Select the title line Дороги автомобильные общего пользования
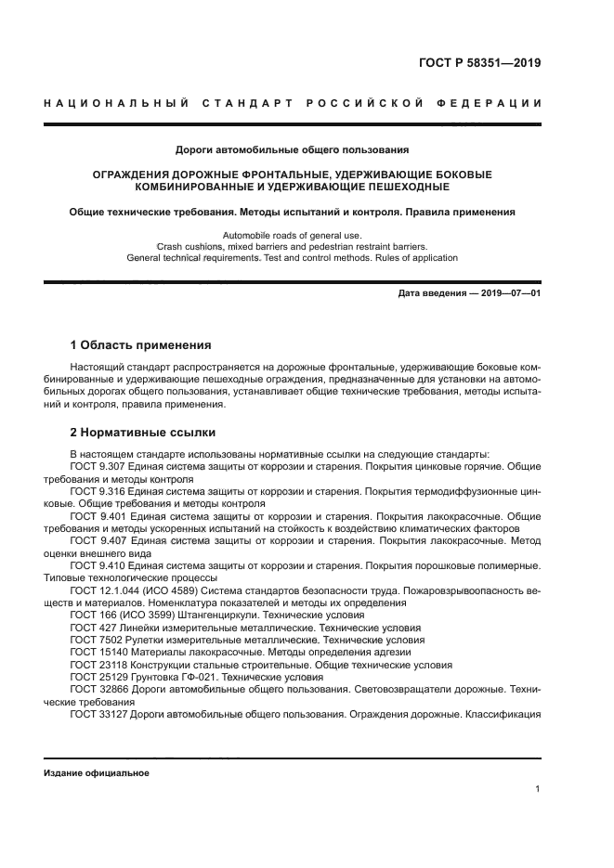coord(293,149)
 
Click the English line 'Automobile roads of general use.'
coord(293,235)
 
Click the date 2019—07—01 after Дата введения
coord(507,294)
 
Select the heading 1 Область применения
coord(140,344)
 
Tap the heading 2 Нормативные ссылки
coord(143,432)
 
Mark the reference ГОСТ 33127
coord(98,715)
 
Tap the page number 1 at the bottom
coord(538,789)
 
